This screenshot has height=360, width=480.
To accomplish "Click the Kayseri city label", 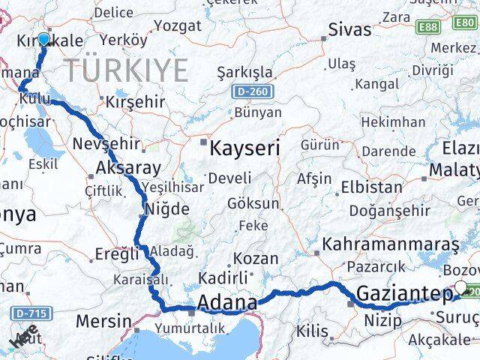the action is click(245, 148).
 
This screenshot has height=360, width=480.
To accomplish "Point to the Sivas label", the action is click(349, 30).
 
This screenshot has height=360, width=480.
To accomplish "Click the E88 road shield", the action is click(429, 26).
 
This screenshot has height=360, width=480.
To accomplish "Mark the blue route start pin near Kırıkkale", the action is click(43, 40).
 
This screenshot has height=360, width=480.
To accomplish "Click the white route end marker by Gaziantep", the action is click(460, 287).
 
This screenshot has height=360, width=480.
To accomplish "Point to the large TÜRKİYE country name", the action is click(126, 70).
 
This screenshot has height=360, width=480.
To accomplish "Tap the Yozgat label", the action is click(177, 25).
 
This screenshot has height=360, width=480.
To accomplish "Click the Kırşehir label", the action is click(135, 100).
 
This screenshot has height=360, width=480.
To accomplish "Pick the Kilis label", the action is click(313, 331).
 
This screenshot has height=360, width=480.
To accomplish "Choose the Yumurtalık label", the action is click(189, 328).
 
